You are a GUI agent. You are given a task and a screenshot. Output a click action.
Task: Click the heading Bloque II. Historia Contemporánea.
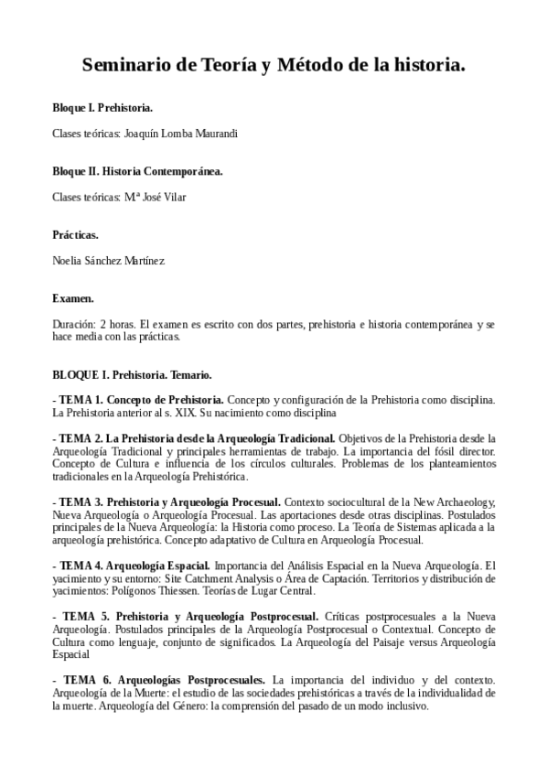pos(137,171)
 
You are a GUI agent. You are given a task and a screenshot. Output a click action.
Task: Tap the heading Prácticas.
pos(75,235)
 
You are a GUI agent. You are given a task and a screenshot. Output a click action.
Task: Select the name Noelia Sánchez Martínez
pos(109,261)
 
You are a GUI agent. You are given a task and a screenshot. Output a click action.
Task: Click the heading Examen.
pos(73,298)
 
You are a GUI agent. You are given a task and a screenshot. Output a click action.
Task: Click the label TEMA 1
pos(81,400)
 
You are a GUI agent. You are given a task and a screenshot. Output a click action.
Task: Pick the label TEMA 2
pos(81,437)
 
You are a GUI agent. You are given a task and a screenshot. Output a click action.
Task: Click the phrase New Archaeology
pos(451,502)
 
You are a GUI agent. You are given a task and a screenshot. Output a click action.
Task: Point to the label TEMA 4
pos(80,566)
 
